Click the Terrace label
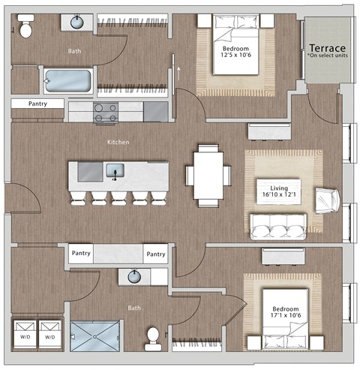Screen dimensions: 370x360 pyautogui.click(x=327, y=47)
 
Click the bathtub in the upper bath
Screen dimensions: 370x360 pyautogui.click(x=67, y=80)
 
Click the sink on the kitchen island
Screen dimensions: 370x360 pyautogui.click(x=115, y=171)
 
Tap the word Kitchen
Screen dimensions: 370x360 pyautogui.click(x=118, y=142)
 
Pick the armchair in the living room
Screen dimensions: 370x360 pyautogui.click(x=327, y=200)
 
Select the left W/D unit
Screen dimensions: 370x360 pyautogui.click(x=25, y=335)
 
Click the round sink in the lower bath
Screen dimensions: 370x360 pyautogui.click(x=135, y=276)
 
